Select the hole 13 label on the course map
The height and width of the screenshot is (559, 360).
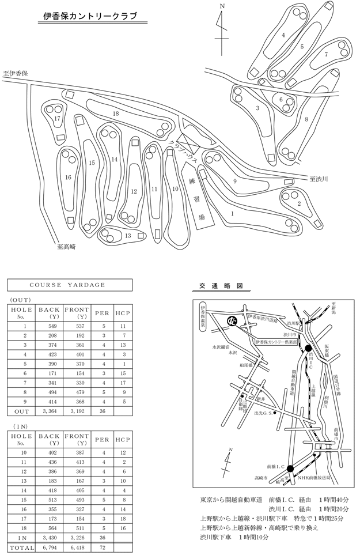point(128,235)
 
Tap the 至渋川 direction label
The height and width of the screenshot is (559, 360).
point(318,179)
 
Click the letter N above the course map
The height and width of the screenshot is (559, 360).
point(222,6)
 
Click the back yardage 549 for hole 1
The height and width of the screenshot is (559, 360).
point(45,326)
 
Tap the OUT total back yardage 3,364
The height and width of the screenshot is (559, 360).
point(45,411)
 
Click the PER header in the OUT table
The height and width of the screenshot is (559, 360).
point(100,314)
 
